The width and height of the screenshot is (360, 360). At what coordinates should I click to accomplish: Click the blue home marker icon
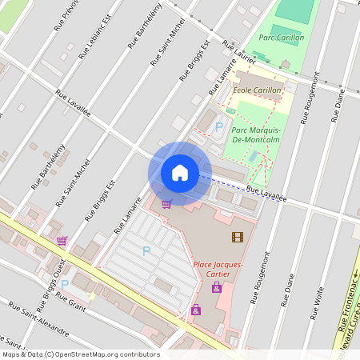pos(180,173)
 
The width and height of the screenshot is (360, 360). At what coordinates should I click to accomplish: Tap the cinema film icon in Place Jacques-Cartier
pos(237,237)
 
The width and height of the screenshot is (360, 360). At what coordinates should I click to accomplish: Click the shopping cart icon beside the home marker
pos(166,204)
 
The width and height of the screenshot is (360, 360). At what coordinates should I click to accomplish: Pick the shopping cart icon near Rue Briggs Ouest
pos(62,240)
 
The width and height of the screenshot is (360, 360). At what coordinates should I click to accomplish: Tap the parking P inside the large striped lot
pos(146,251)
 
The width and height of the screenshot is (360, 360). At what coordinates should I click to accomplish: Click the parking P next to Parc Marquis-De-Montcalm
pos(218,126)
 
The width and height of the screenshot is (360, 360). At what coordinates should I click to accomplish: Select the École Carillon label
pos(257,90)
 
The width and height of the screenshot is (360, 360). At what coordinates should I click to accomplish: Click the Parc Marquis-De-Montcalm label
pos(255,135)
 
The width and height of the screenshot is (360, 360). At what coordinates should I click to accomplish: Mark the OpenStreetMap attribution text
pos(80,354)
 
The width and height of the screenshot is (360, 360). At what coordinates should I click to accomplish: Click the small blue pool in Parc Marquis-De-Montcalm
pos(253,156)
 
